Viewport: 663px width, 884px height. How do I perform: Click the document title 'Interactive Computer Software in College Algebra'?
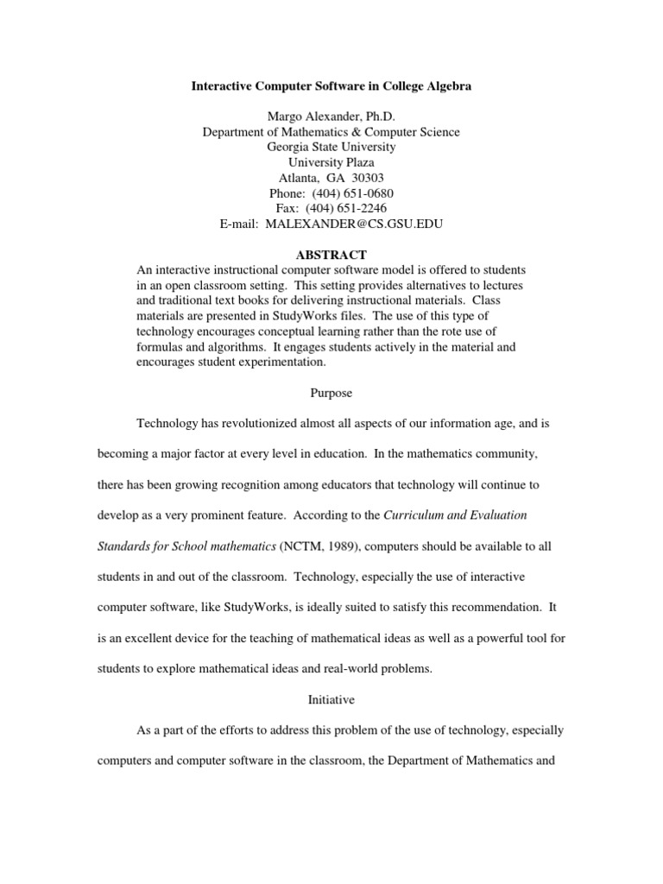coord(331,88)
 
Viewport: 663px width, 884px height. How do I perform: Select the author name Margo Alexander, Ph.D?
coord(331,117)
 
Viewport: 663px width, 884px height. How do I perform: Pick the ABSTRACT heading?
coord(331,255)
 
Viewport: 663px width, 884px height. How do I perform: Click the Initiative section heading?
coord(331,699)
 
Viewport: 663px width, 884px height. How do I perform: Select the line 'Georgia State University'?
coord(331,148)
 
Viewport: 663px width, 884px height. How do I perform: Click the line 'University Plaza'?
coord(331,163)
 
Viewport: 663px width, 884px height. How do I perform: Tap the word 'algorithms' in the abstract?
coord(232,347)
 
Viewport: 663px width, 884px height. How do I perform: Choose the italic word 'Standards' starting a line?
coord(164,546)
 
